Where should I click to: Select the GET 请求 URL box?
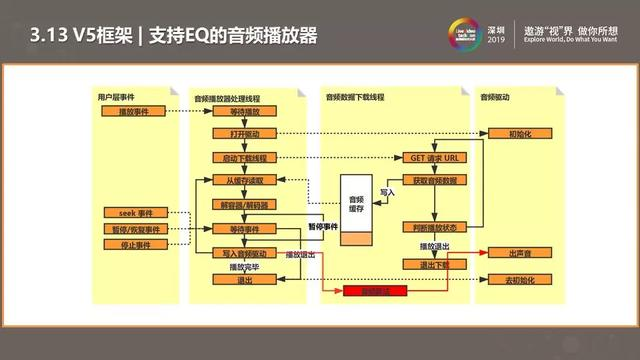coord(434,158)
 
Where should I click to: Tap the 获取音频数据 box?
coord(434,180)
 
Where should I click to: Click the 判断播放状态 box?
coord(434,228)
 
